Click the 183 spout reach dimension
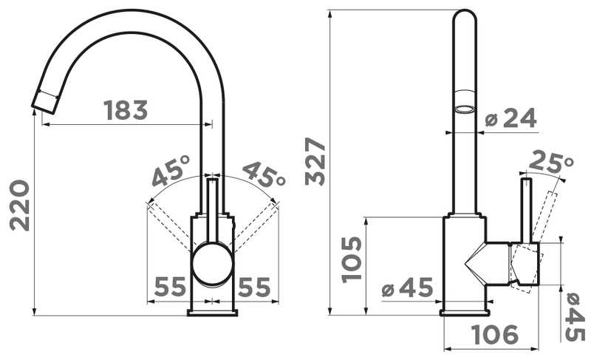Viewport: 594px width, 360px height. pos(126,110)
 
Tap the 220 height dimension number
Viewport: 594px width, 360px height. pos(20,206)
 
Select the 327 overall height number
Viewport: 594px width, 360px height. pos(315,161)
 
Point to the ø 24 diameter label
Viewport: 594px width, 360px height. pos(511,118)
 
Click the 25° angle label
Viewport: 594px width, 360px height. pos(551,162)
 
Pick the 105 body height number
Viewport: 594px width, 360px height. pos(352,259)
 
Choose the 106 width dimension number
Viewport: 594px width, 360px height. pos(495,334)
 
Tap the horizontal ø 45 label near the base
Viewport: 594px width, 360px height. pos(407,288)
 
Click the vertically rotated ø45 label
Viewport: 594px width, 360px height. pos(575,318)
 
